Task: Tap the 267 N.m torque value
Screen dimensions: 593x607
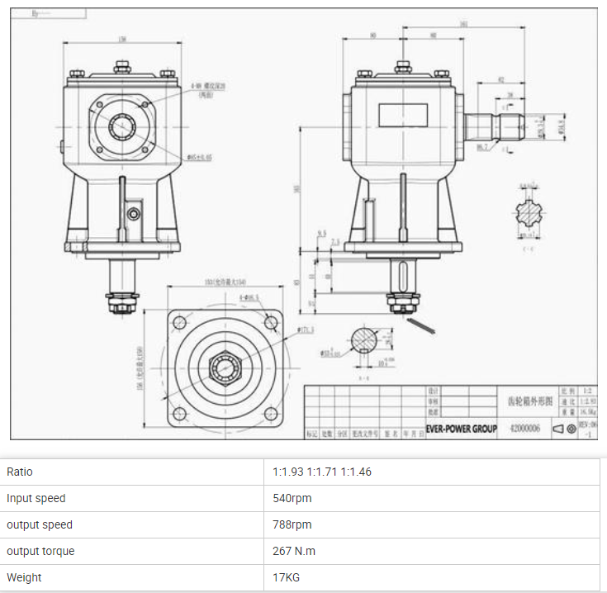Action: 294,551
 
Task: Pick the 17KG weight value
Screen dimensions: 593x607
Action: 287,577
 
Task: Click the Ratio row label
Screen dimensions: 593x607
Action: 20,472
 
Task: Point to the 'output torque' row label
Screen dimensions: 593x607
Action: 40,551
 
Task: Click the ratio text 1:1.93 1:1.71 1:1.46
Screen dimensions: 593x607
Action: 322,472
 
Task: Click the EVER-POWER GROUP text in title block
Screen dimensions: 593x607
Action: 461,429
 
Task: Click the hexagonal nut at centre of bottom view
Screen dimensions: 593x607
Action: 222,366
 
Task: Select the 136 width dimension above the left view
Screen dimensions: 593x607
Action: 122,39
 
